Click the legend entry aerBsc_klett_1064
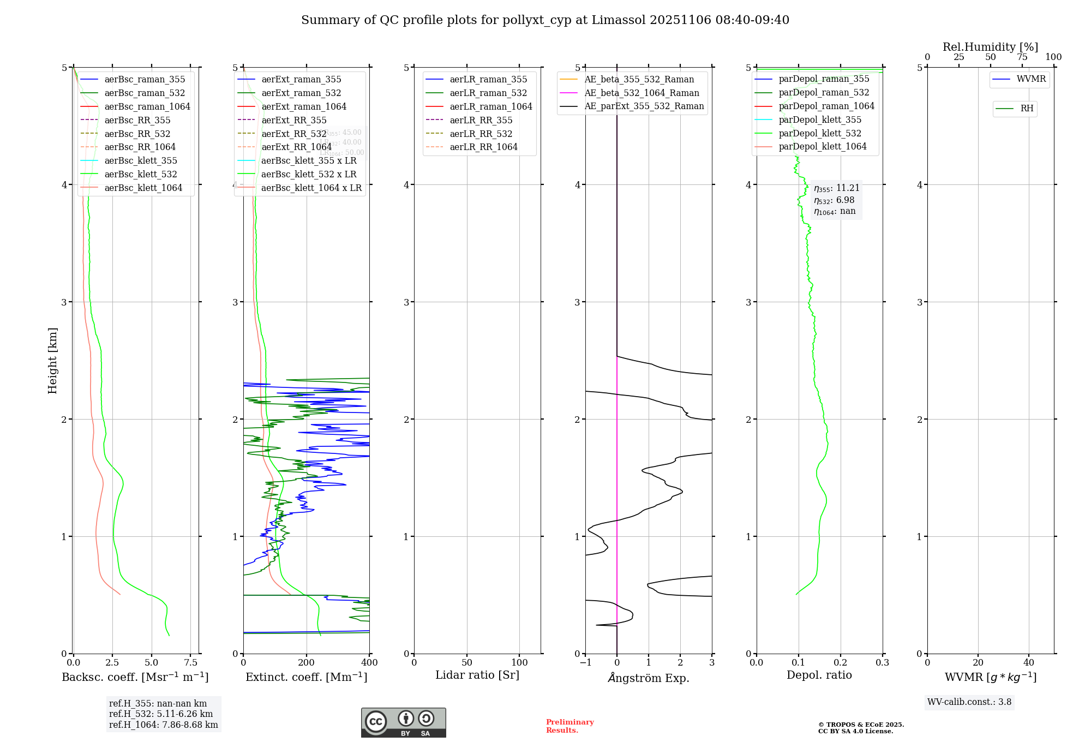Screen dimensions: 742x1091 click(x=143, y=188)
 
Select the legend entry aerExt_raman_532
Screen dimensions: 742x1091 click(x=301, y=93)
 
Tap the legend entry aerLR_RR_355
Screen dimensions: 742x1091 click(x=481, y=120)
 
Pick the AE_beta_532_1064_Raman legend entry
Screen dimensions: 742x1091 click(x=642, y=93)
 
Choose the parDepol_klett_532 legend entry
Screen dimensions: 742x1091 click(x=820, y=133)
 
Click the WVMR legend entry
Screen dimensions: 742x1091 click(x=1031, y=79)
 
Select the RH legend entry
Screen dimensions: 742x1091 click(x=1027, y=109)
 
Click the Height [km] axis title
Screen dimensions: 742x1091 click(x=52, y=360)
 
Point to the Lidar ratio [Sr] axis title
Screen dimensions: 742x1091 click(x=477, y=675)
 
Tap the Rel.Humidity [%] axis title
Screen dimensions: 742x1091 click(x=990, y=47)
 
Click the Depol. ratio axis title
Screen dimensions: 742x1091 click(x=819, y=675)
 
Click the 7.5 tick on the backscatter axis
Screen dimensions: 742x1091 click(x=190, y=663)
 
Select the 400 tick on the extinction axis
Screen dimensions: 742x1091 click(x=369, y=663)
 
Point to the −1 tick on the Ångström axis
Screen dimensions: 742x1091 click(x=585, y=663)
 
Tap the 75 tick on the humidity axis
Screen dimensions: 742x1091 click(x=1022, y=57)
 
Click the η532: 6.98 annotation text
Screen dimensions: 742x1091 click(x=835, y=200)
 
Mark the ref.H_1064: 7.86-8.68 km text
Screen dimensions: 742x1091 click(x=163, y=725)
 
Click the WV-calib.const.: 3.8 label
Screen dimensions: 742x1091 click(x=969, y=702)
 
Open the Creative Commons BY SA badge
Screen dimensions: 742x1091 click(x=403, y=723)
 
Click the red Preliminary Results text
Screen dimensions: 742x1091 click(x=570, y=726)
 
